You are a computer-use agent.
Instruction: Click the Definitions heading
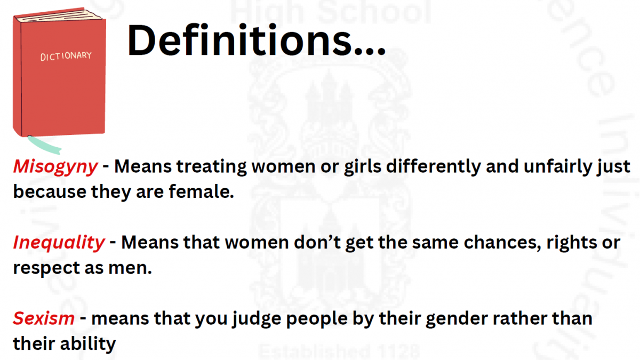coord(257,40)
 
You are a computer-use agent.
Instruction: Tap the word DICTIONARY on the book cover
coord(66,57)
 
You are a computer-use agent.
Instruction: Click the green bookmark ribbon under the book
coord(44,145)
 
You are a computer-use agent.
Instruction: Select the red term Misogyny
coord(55,167)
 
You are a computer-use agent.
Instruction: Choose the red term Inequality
coord(59,243)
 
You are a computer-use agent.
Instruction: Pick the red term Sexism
coord(44,318)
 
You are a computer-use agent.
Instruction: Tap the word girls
coord(362,167)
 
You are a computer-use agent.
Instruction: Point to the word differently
coord(434,167)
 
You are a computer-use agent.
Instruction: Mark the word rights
coord(571,243)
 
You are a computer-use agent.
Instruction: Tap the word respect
coord(46,269)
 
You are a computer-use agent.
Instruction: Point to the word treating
coord(211,167)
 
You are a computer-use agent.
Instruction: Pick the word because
coord(50,191)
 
